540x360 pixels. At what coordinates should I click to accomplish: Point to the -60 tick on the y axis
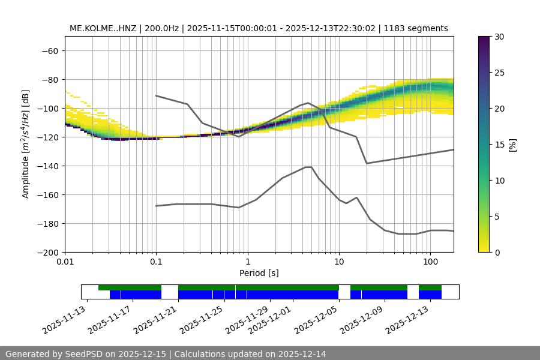[49, 51]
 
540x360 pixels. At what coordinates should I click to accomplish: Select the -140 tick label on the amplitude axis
[47, 166]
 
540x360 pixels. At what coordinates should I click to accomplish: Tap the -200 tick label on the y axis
[47, 253]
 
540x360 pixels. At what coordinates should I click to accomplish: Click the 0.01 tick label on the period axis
[65, 262]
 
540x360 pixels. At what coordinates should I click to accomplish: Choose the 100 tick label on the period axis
[430, 262]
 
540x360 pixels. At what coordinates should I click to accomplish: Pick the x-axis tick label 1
[247, 262]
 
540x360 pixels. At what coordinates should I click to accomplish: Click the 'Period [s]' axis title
[259, 273]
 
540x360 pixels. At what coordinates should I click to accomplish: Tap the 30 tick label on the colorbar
[499, 37]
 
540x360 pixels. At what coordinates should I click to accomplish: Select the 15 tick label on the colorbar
[499, 145]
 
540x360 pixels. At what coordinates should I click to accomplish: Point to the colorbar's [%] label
[514, 145]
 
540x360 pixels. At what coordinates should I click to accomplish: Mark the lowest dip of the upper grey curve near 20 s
[367, 163]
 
